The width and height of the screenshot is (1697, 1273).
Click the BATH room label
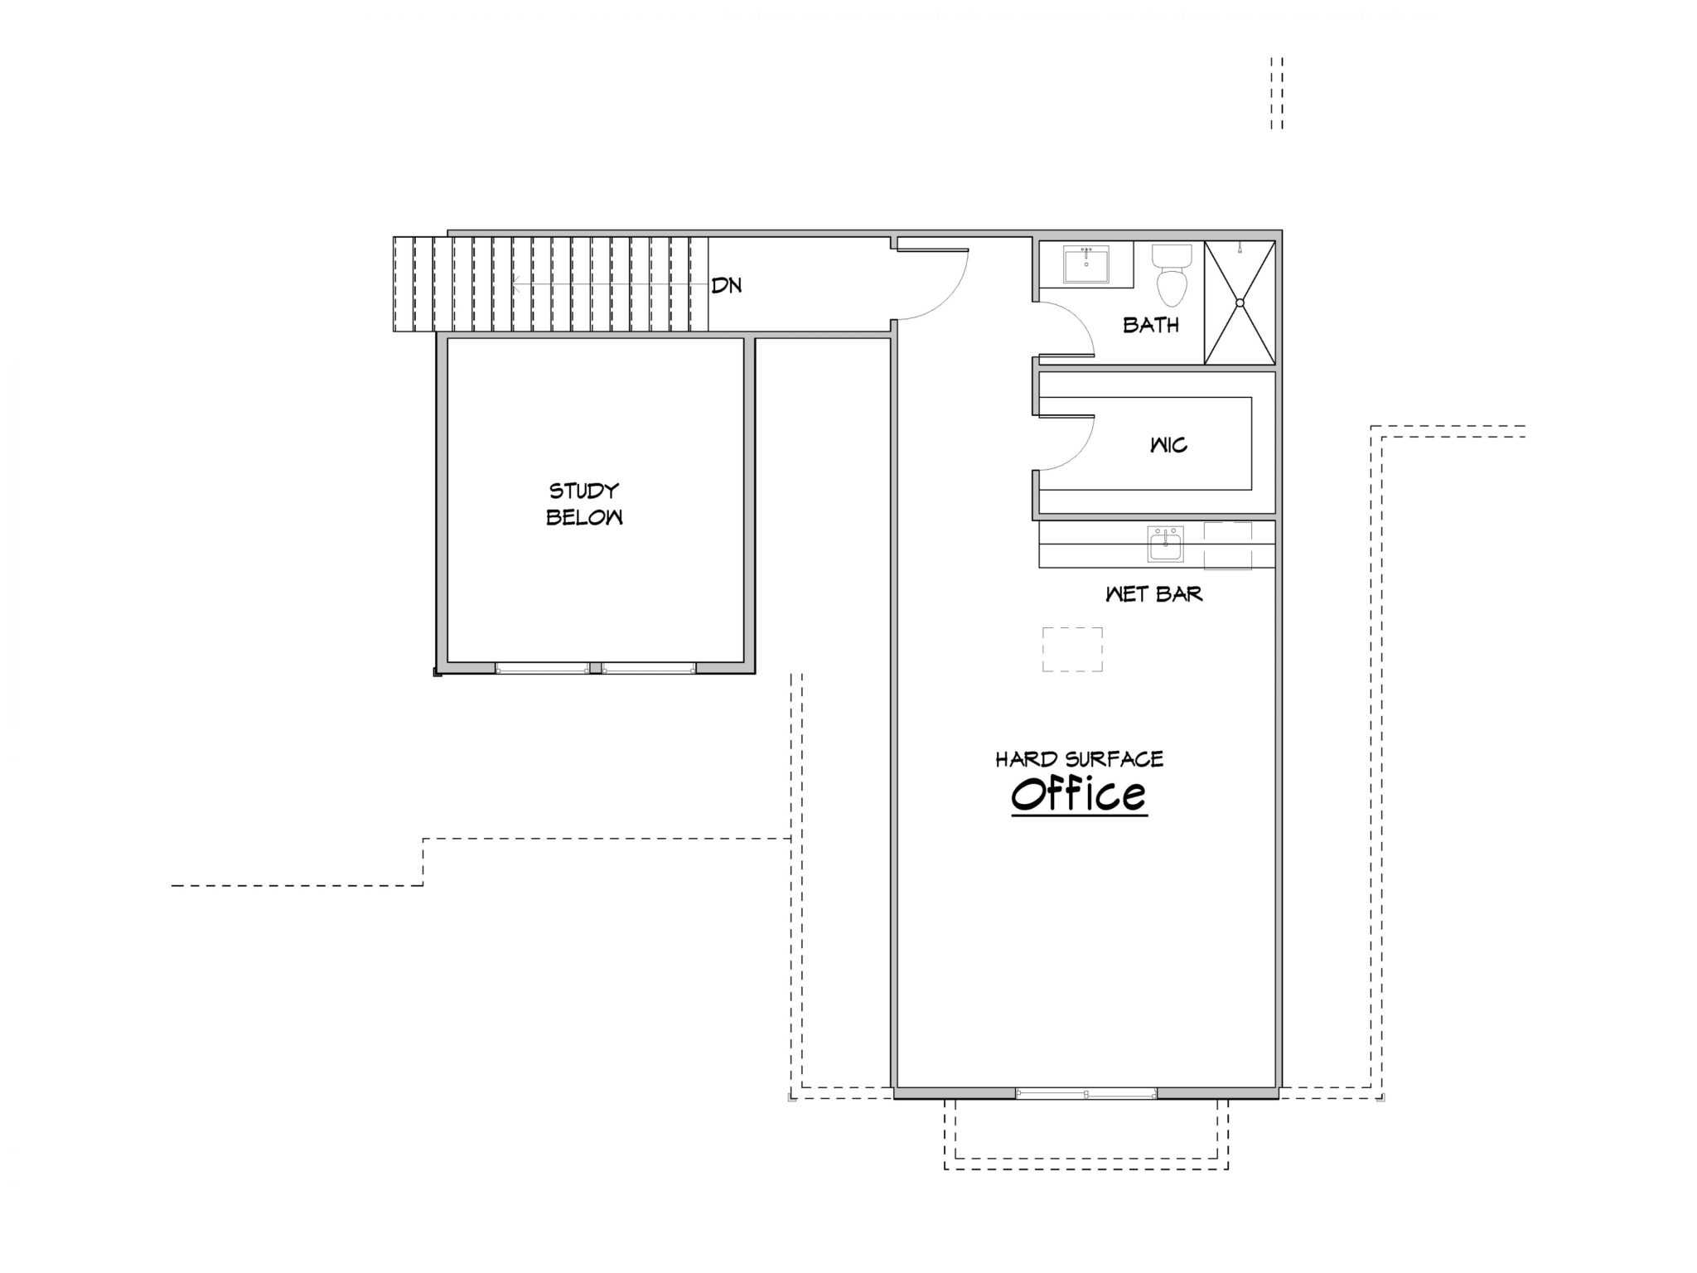[x=1151, y=325]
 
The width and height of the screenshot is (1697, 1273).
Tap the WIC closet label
[x=1168, y=445]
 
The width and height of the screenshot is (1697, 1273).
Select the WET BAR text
[x=1154, y=594]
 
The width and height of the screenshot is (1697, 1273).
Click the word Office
[x=1079, y=793]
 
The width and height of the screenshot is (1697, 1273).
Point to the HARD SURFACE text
[x=1080, y=759]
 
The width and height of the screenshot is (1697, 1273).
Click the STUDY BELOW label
[x=584, y=504]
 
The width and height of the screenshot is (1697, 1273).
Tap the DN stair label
[x=727, y=286]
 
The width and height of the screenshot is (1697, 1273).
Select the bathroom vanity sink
[x=1085, y=264]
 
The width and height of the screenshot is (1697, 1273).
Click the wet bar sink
[x=1165, y=546]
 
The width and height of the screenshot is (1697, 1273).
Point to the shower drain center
[x=1240, y=303]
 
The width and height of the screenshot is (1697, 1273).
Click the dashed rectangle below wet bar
[x=1072, y=649]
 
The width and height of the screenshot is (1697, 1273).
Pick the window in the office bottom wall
[x=1086, y=1093]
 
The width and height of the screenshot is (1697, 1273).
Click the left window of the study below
[x=543, y=668]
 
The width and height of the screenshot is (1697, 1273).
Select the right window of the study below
[x=649, y=668]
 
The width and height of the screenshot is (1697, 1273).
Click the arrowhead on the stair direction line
[x=516, y=286]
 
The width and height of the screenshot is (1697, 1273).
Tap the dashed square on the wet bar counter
[x=1227, y=545]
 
